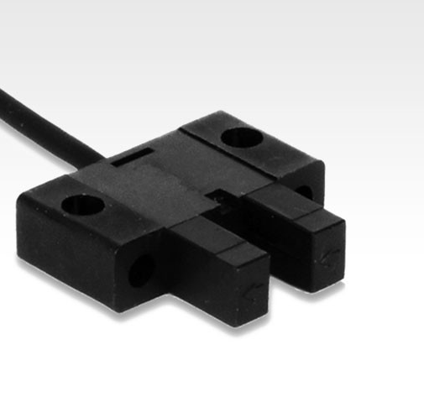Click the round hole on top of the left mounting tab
(82, 202)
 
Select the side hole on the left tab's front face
(142, 269)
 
